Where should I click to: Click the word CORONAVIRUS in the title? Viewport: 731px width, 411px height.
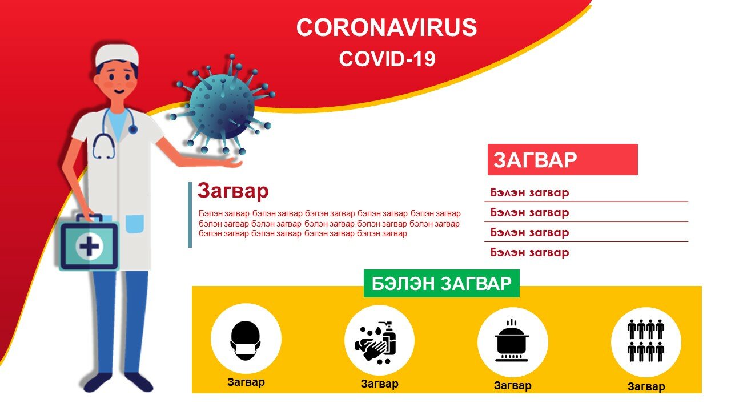[x=387, y=27]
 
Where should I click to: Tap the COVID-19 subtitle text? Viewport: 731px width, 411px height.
[x=387, y=59]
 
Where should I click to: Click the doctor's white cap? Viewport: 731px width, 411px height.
[x=117, y=55]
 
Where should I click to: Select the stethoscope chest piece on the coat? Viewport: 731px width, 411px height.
[x=132, y=130]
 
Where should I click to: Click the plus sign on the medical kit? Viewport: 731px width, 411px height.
[x=89, y=246]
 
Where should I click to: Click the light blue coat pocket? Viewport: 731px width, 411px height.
[x=134, y=224]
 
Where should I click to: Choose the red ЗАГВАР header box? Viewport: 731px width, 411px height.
[x=563, y=159]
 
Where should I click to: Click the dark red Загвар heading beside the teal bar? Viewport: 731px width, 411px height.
[x=233, y=191]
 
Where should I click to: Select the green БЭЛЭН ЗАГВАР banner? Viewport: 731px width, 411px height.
[x=441, y=283]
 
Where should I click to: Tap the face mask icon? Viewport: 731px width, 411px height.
[x=246, y=341]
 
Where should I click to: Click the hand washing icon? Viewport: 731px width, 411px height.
[x=376, y=342]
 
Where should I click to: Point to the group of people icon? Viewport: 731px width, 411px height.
[x=646, y=341]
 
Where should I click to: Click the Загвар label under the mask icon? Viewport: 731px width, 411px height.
[x=246, y=382]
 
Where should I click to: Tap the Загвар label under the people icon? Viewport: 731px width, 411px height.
[x=646, y=386]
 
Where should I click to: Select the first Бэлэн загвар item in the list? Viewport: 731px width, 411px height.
[x=529, y=192]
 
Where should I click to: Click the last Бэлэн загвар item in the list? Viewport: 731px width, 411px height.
[x=529, y=252]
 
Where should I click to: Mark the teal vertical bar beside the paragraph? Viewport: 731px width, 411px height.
[x=190, y=215]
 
